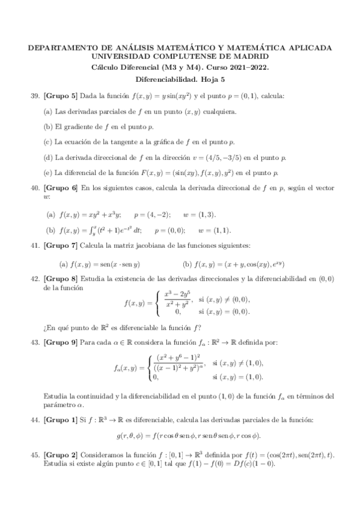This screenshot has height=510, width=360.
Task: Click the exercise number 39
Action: click(x=34, y=96)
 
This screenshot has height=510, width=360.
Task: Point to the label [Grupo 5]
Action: click(x=60, y=96)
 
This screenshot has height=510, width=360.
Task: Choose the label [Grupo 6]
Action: click(x=60, y=189)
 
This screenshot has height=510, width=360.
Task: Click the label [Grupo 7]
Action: click(x=60, y=245)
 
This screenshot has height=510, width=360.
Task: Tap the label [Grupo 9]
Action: click(x=60, y=343)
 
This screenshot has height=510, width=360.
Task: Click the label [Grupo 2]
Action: click(x=60, y=456)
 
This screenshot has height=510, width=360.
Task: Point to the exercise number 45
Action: click(x=34, y=456)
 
